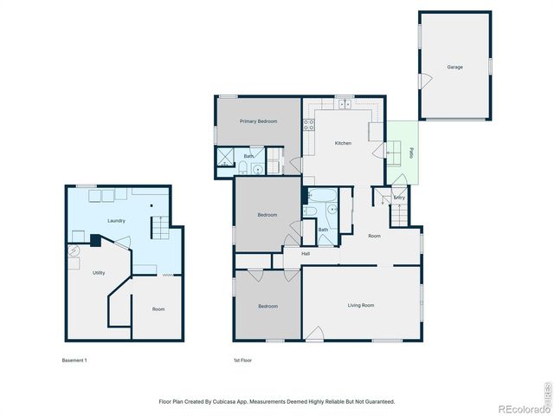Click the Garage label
click(x=454, y=67)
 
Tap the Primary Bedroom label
click(x=259, y=121)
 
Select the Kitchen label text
click(x=343, y=143)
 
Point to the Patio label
click(x=410, y=153)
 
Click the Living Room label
click(x=361, y=305)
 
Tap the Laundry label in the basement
click(x=117, y=221)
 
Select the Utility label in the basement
click(x=99, y=273)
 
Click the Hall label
click(x=306, y=254)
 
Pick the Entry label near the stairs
click(x=399, y=198)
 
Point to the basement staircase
click(x=162, y=230)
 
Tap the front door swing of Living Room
click(x=316, y=334)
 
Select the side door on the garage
click(x=424, y=81)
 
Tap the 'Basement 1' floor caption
click(x=75, y=360)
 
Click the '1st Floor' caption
click(x=243, y=360)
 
